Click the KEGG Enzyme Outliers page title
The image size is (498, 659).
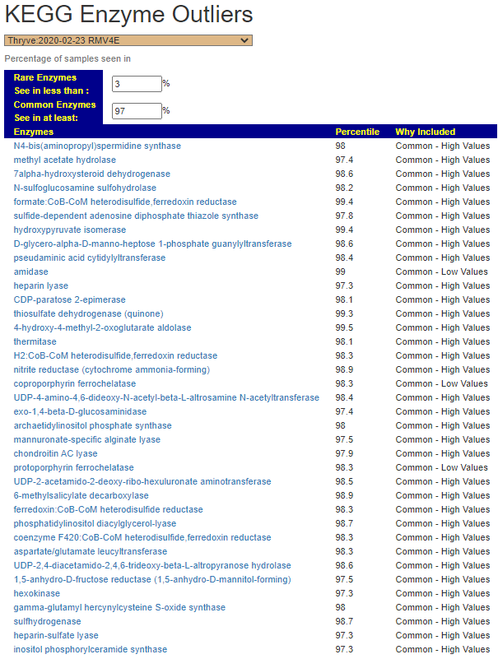(x=128, y=15)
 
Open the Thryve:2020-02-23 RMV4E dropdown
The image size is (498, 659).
(x=128, y=40)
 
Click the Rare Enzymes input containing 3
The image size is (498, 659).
(x=137, y=84)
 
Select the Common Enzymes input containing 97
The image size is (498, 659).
(x=137, y=111)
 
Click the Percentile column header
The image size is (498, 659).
(x=357, y=132)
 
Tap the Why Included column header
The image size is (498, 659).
(x=425, y=132)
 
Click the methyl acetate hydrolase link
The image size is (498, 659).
(x=65, y=160)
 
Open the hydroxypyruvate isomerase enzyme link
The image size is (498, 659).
(x=70, y=230)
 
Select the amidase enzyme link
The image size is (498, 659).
(x=31, y=271)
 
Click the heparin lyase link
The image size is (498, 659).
(x=41, y=285)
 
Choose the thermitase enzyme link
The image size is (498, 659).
(x=35, y=341)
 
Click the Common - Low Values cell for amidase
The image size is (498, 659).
(x=441, y=271)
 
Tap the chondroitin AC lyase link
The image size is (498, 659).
(x=55, y=453)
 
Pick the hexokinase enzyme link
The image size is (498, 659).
(x=36, y=593)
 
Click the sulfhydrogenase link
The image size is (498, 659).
(x=47, y=621)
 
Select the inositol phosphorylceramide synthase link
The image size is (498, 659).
(x=91, y=649)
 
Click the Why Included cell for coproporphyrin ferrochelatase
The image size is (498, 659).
(x=441, y=383)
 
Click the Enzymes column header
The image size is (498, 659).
(x=34, y=132)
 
